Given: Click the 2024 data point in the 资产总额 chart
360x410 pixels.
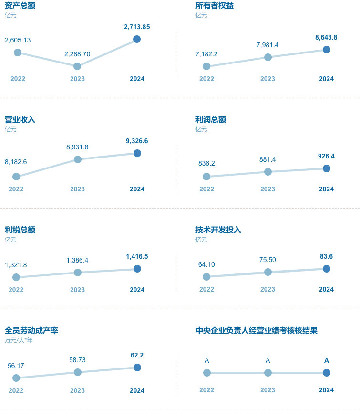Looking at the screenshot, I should (x=137, y=39).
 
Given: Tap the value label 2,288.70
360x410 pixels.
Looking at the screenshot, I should (x=77, y=54).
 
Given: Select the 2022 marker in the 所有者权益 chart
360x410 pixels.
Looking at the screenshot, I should (x=206, y=66).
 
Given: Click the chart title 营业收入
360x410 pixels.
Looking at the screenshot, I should (x=20, y=119).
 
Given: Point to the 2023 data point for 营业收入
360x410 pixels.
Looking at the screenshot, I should (x=77, y=159).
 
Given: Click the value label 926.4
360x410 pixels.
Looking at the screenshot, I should (x=326, y=156).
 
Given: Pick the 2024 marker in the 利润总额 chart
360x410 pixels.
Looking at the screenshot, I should (x=326, y=168).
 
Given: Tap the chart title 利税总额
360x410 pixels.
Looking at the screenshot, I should (x=20, y=230).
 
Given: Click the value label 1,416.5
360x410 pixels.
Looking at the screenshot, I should (x=137, y=256).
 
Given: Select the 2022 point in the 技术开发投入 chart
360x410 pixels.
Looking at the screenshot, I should (x=206, y=277).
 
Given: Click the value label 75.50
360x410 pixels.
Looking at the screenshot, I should (x=267, y=260).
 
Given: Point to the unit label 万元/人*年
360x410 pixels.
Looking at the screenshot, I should (x=19, y=340).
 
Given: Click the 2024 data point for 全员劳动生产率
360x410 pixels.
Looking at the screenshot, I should (x=137, y=368).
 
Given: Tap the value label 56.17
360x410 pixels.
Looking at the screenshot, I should (x=16, y=366).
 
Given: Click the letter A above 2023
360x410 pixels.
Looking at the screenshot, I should (x=267, y=360).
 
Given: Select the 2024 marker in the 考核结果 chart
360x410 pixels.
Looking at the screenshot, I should (x=326, y=373).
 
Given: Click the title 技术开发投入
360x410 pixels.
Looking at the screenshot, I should (x=218, y=230).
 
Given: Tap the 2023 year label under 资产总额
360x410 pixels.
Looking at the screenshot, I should (x=77, y=79).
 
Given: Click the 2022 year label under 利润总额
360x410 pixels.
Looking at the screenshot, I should (x=206, y=189).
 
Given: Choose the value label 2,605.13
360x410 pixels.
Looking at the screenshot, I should (x=18, y=40).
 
